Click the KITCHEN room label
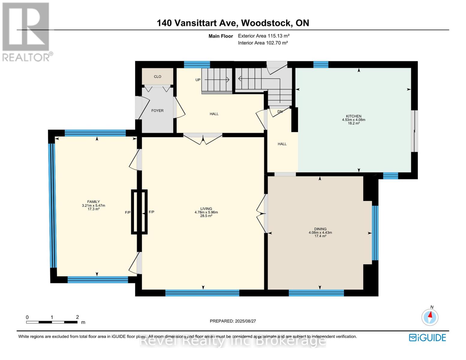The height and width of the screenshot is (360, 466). (x=354, y=116)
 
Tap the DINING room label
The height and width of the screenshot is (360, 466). (x=320, y=229)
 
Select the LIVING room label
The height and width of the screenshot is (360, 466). (x=206, y=209)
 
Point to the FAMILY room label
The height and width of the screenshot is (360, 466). (x=93, y=202)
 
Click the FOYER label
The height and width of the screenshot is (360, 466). (x=157, y=111)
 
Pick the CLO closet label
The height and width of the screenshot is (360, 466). (x=157, y=77)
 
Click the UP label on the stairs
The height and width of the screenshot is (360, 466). (x=198, y=80)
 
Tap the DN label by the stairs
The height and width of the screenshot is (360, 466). (x=280, y=112)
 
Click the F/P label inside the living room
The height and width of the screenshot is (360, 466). (x=151, y=212)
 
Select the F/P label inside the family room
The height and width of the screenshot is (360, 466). (x=128, y=212)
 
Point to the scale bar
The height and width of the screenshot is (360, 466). (x=52, y=322)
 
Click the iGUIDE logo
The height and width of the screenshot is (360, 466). (x=427, y=337)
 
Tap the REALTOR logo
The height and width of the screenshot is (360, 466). (x=26, y=32)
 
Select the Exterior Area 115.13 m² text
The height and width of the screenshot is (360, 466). (x=264, y=36)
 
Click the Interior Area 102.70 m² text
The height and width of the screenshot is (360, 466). (x=263, y=43)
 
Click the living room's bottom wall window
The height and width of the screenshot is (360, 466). (x=202, y=293)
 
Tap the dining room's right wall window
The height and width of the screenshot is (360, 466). (x=375, y=233)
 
